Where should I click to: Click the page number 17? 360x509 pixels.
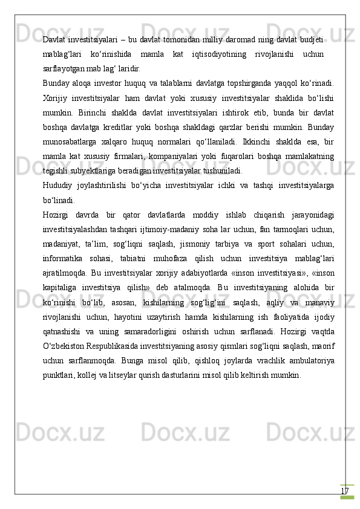click(x=344, y=491)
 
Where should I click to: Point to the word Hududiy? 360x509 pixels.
click(x=57, y=185)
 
